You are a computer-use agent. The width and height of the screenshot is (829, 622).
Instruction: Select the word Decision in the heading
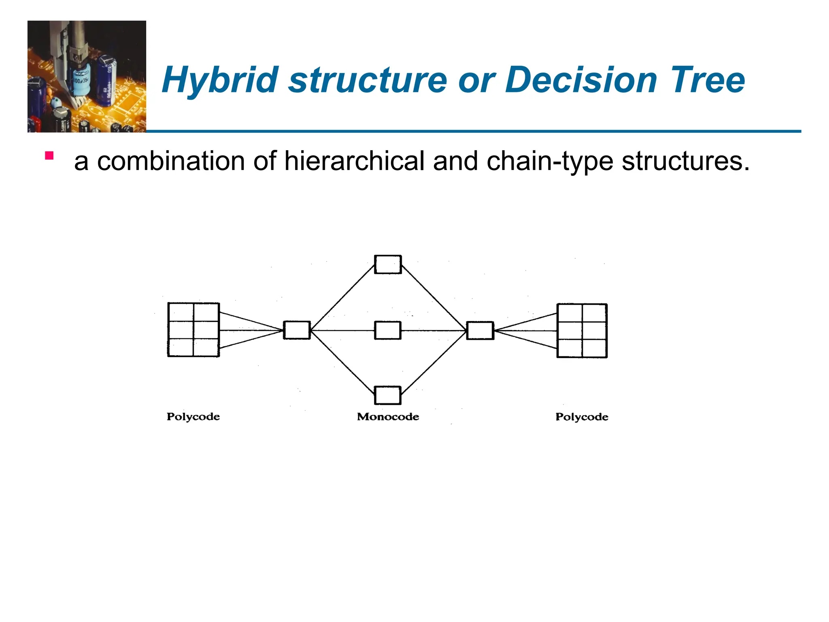point(581,80)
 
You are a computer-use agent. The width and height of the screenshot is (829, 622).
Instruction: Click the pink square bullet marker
point(49,156)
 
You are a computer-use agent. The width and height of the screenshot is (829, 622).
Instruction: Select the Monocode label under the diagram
point(388,417)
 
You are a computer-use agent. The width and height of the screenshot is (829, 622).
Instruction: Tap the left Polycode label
point(193,417)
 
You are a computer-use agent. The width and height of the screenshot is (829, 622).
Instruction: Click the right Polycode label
point(582,417)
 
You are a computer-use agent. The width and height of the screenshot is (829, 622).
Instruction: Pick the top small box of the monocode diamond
point(388,264)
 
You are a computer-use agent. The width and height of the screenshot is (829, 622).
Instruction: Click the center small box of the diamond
point(388,330)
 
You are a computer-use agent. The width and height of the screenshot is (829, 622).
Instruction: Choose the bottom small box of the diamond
point(388,395)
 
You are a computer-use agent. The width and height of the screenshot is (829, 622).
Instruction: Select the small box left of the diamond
point(297,330)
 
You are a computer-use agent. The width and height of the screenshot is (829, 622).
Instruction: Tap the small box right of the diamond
point(480,330)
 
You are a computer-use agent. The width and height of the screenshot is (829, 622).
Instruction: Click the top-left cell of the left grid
point(181,312)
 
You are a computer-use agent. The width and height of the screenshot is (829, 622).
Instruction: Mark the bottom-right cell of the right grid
point(594,348)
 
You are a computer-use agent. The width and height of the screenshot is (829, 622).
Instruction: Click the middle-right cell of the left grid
point(206,330)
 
